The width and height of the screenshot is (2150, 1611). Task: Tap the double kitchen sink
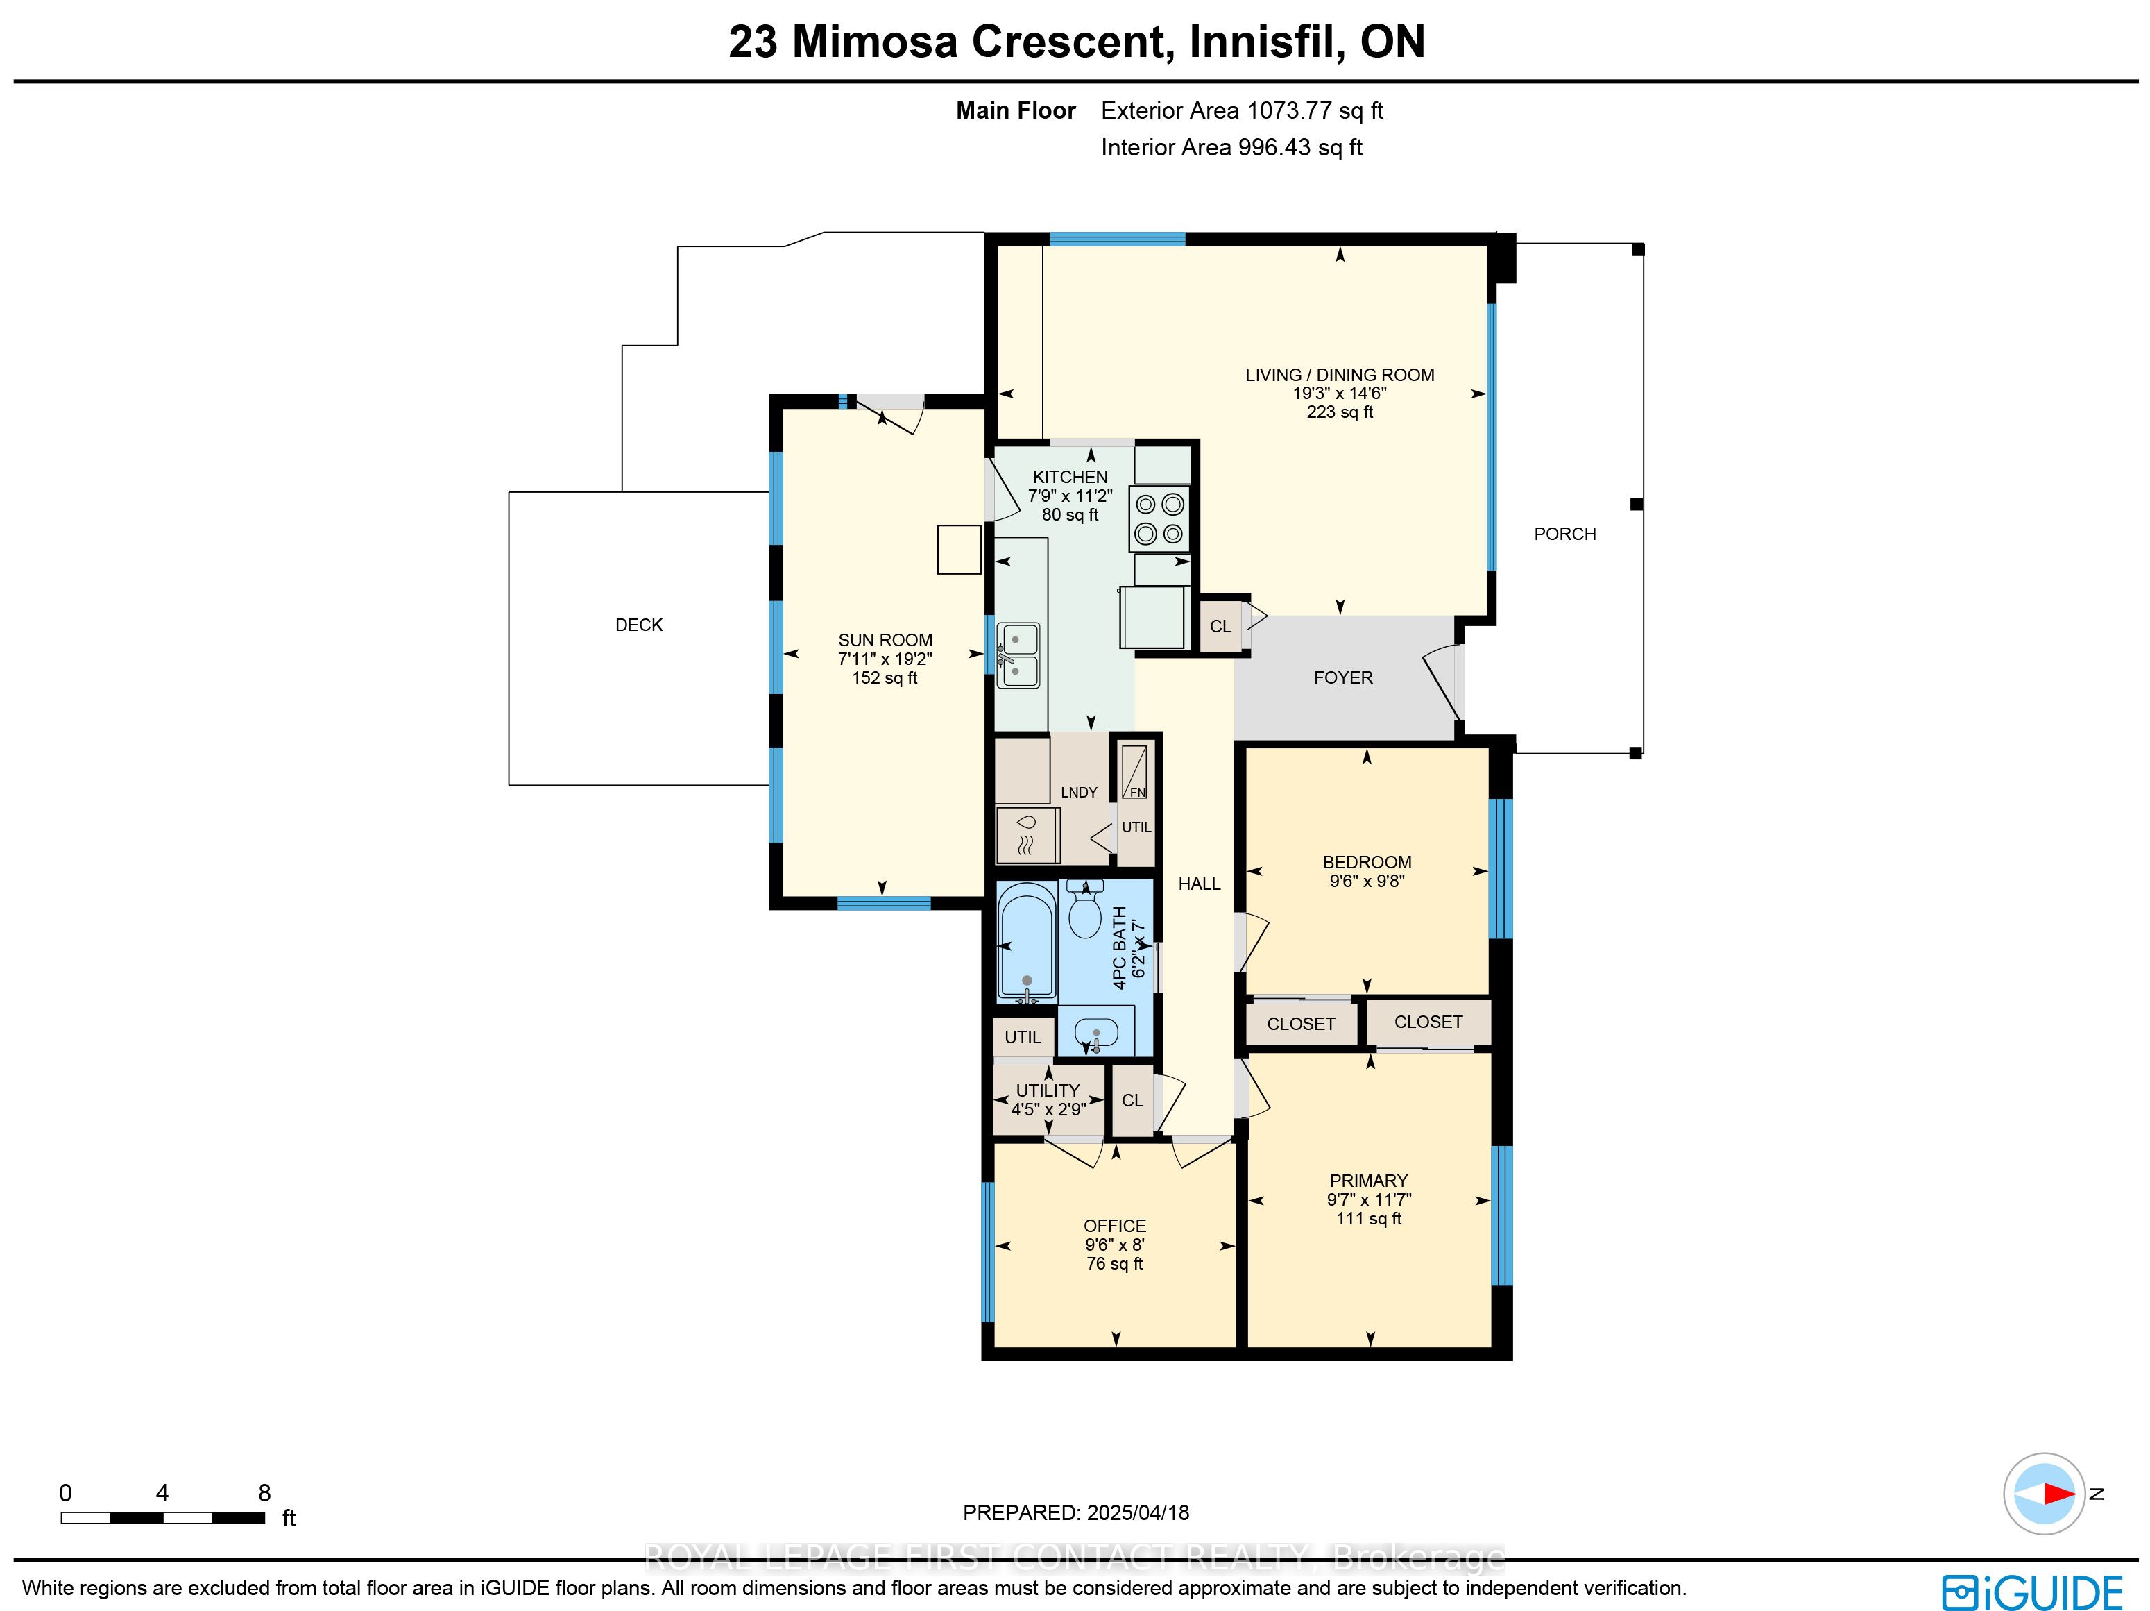coord(1018,655)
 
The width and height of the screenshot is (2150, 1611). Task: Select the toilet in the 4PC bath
coord(1085,909)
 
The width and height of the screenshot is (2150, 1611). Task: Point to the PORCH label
coord(1565,534)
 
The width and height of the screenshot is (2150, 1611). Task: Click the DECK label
coord(638,625)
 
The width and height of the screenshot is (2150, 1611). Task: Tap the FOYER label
coord(1343,677)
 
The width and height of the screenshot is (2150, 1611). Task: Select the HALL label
coord(1200,884)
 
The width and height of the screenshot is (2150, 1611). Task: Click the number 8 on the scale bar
coord(264,1492)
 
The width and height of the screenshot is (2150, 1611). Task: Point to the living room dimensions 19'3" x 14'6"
coord(1340,394)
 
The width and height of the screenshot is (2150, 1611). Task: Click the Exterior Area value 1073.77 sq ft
coord(1315,111)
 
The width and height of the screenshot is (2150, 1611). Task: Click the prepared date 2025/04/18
coord(1138,1513)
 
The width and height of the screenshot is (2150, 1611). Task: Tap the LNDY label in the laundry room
coord(1079,793)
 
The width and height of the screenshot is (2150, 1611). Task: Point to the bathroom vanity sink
coord(1096,1033)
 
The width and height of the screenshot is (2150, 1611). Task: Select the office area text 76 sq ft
coord(1115,1264)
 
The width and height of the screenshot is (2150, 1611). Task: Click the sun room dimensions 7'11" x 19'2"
coord(885,659)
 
